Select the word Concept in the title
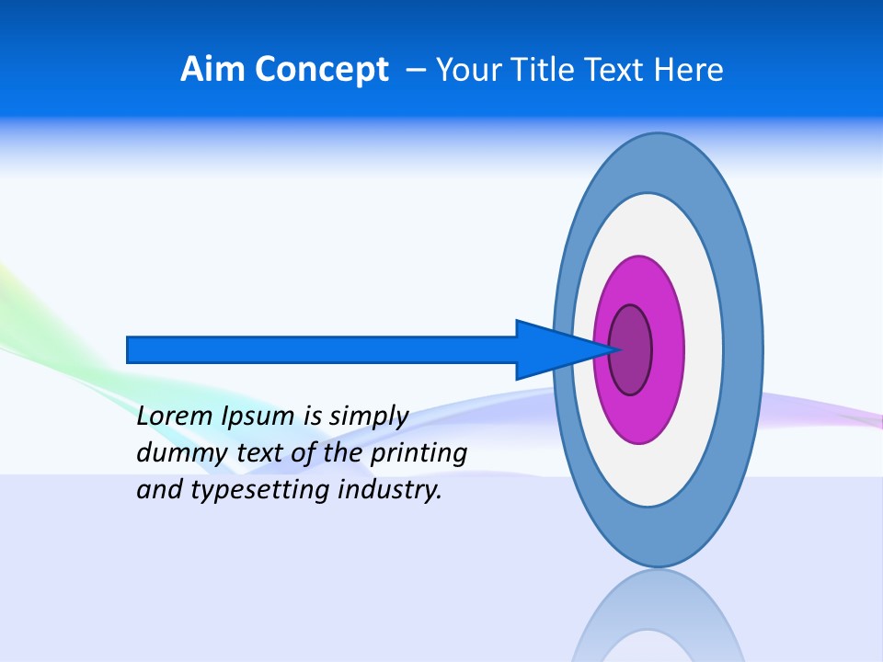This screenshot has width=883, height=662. click(322, 70)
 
